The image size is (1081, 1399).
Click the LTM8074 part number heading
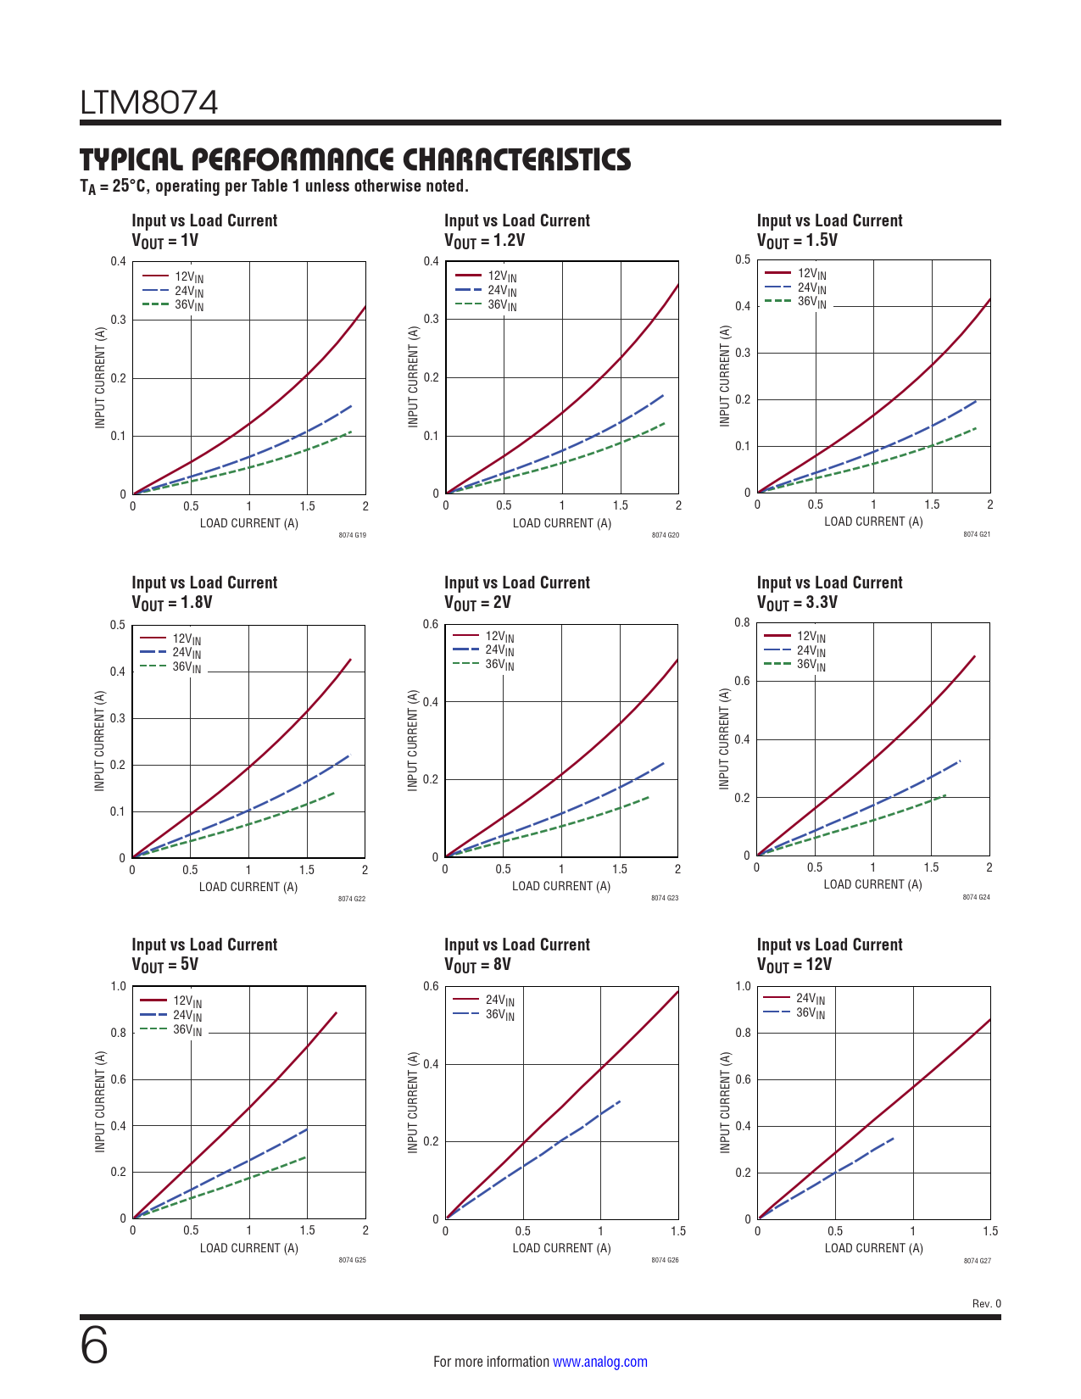tap(149, 103)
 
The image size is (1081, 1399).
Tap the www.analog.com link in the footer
tap(599, 1362)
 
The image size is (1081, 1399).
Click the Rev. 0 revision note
tap(986, 1303)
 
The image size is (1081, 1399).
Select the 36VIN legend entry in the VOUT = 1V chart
tap(188, 305)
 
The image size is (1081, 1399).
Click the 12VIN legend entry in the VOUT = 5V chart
tap(187, 1001)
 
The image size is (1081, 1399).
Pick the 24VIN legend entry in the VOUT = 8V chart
tap(499, 1000)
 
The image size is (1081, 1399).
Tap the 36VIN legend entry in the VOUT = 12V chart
tap(810, 1013)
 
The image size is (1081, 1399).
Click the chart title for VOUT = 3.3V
tap(829, 592)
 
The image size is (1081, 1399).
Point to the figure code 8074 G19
tap(352, 535)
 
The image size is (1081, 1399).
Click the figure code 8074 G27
tap(977, 1261)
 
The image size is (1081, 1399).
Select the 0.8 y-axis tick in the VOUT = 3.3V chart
tap(743, 623)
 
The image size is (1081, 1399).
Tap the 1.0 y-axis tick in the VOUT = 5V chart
tap(119, 986)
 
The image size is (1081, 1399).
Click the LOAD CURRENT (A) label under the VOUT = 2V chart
tap(561, 886)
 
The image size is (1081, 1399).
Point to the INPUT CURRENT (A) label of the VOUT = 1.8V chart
tap(100, 741)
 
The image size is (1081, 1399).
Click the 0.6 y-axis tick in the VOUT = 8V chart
tap(431, 986)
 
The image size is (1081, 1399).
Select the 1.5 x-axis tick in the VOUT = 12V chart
tap(990, 1231)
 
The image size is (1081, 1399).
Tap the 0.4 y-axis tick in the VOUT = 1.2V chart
tap(432, 261)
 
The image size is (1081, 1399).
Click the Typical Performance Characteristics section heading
tap(355, 159)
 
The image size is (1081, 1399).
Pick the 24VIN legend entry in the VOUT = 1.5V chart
tap(811, 288)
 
